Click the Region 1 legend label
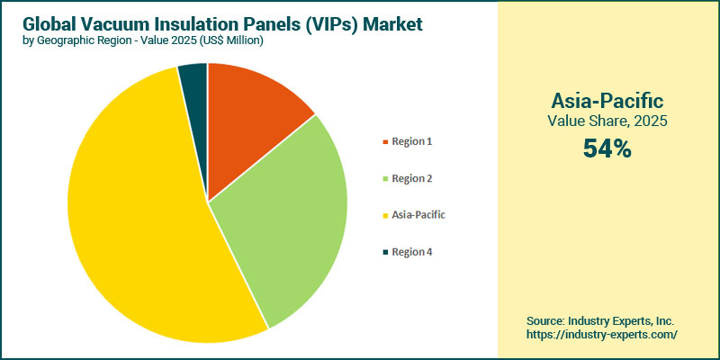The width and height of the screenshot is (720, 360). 411,142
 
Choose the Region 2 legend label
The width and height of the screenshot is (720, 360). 411,179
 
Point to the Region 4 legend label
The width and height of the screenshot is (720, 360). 411,252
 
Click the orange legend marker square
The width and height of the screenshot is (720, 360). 385,142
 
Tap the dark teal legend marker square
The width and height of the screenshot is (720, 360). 385,252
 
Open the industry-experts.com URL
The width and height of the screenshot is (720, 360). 601,334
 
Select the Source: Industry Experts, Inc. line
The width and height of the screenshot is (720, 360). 601,320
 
